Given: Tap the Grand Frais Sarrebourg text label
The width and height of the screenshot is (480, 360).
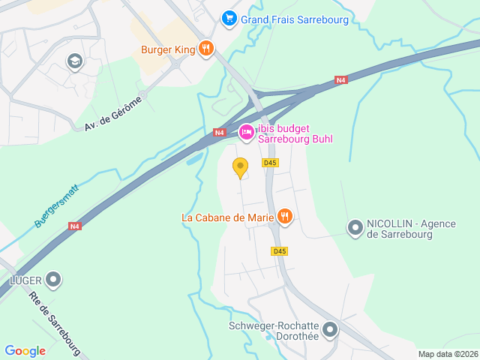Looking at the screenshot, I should (295, 19).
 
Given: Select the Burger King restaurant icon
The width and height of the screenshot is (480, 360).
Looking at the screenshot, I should (206, 50).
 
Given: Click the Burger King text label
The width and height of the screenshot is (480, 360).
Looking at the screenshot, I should (167, 50).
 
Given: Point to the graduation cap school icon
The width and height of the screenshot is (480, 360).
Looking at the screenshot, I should (74, 61).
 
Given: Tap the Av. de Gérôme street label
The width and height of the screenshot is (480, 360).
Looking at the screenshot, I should (112, 112).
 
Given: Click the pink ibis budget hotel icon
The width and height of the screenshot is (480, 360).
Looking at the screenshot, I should (246, 133).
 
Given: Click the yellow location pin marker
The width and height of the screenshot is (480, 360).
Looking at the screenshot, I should (240, 168).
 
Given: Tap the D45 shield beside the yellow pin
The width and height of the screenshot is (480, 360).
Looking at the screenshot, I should (270, 163).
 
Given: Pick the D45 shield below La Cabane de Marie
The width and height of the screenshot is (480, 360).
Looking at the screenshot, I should (280, 251).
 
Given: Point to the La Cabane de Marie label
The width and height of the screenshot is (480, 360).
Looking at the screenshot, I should (227, 218).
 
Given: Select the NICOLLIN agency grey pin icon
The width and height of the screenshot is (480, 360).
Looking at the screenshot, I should (355, 226).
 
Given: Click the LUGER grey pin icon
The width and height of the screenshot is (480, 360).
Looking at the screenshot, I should (53, 280).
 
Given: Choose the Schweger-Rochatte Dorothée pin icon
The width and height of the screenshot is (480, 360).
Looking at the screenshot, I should (330, 330).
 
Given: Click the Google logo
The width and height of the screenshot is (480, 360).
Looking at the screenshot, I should (25, 351).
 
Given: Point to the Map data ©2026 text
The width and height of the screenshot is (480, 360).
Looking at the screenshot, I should (447, 354).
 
